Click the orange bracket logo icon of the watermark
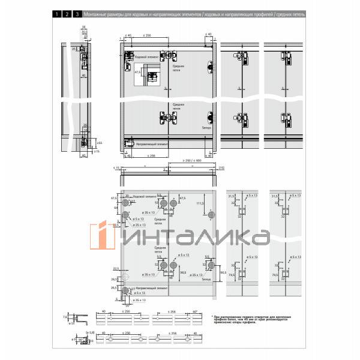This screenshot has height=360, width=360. (102, 236)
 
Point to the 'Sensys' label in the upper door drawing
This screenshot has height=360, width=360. (206, 127)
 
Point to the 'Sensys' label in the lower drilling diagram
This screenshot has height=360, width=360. (207, 280)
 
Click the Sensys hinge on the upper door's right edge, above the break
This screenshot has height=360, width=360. (210, 68)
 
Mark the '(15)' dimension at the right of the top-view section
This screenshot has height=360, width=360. (220, 168)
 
